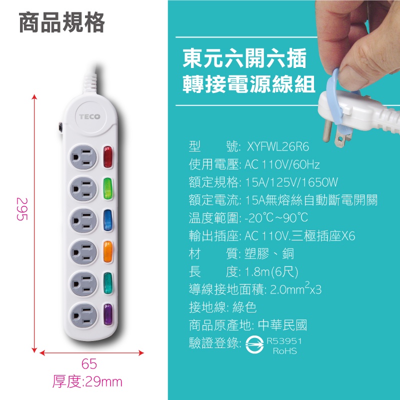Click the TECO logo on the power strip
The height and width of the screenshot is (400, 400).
tap(89, 117)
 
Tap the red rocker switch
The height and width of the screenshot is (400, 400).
tap(107, 157)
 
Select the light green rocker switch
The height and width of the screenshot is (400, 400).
tap(107, 188)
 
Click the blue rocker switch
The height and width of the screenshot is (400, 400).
tap(107, 220)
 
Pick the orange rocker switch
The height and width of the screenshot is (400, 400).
tap(107, 252)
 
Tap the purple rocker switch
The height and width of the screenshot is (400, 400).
tap(107, 314)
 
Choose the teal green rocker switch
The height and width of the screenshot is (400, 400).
tap(107, 283)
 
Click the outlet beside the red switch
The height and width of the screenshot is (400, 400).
tap(83, 157)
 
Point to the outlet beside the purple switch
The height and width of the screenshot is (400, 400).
tap(83, 315)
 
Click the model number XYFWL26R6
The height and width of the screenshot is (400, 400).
tap(278, 147)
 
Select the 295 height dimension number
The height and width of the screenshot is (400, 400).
tap(22, 209)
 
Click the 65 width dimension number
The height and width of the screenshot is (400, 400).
tap(89, 363)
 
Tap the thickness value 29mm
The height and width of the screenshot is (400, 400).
tap(103, 382)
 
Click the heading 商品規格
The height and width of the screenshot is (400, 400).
tap(61, 22)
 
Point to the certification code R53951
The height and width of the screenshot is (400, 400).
tap(284, 341)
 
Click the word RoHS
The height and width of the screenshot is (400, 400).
tap(285, 351)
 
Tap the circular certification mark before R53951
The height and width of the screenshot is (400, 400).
tap(254, 345)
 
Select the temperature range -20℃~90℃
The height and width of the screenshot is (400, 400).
tap(276, 218)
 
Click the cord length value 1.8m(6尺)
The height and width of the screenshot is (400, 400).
tap(271, 271)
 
